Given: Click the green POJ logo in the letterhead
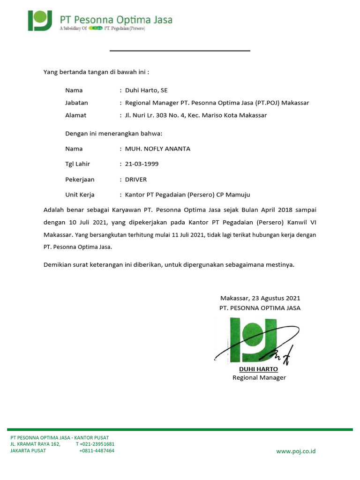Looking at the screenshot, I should point(41,21).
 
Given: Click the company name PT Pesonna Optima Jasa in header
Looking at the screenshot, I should point(116,20).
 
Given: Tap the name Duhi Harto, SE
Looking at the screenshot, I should point(143,90).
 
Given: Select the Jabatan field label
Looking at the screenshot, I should point(76,103).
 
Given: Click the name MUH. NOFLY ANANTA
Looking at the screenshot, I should point(157,149).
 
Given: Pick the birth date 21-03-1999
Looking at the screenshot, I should point(142,164).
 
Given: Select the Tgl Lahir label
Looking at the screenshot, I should point(77,164).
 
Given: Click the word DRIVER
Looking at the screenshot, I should point(136,180).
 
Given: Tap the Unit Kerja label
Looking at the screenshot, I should point(80,195).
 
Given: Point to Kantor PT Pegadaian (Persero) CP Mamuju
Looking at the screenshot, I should point(190,195).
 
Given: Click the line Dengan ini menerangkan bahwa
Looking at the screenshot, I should point(113,134).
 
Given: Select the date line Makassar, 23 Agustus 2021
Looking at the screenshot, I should point(260,298).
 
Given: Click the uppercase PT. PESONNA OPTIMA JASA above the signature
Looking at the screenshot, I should point(260,308).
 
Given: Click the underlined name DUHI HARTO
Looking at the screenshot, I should point(258,369).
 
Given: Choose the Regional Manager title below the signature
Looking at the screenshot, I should point(259,378).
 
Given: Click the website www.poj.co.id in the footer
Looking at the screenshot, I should point(296,451).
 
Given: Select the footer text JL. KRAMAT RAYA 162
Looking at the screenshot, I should point(36,444).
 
